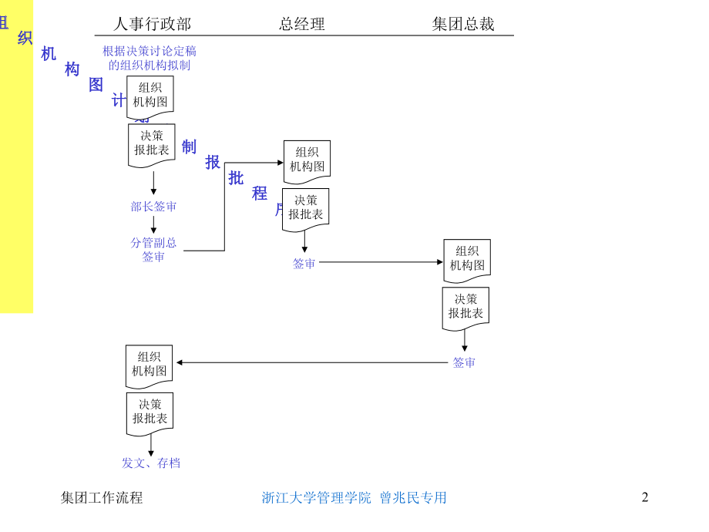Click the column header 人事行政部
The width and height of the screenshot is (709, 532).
point(153,24)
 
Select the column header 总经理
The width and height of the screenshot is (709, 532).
point(302,24)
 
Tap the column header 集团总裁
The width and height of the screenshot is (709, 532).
point(463,24)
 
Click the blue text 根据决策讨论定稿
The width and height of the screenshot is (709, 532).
point(150,51)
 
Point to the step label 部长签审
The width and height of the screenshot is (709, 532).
point(153,207)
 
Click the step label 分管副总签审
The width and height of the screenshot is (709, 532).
point(153,249)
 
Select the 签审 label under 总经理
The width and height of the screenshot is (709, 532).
point(304,263)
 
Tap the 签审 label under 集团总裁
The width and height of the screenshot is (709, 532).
point(464,362)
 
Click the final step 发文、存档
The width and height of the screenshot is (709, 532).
point(151,463)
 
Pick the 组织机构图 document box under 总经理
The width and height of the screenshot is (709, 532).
point(307,160)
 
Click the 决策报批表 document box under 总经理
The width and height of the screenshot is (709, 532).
point(305,208)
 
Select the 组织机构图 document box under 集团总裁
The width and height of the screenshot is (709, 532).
point(467,259)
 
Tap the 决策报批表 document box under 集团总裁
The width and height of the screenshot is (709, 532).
point(465,307)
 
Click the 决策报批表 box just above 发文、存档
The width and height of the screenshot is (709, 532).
point(150,412)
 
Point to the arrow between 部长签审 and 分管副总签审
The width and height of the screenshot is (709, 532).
point(153,224)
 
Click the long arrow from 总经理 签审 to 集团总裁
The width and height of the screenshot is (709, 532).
point(381,262)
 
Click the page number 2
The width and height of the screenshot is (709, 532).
point(645,497)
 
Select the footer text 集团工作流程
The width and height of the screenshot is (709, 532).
point(102,497)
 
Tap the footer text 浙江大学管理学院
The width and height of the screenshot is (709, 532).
point(316,497)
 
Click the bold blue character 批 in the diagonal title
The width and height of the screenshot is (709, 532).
point(236,178)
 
